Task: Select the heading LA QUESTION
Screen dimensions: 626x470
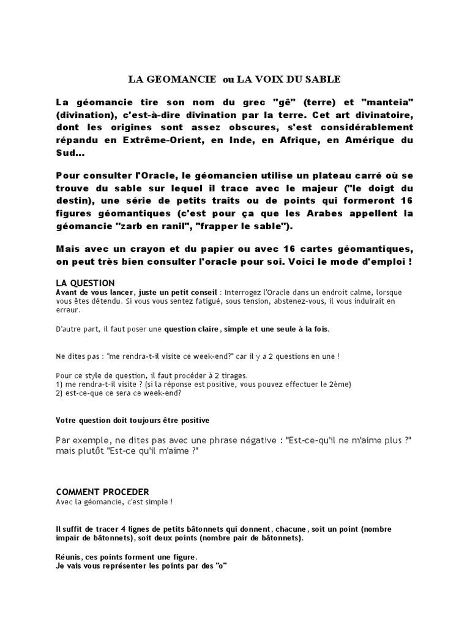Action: click(85, 283)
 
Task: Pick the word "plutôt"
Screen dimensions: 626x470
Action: click(90, 451)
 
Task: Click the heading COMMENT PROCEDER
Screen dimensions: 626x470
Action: click(102, 492)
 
